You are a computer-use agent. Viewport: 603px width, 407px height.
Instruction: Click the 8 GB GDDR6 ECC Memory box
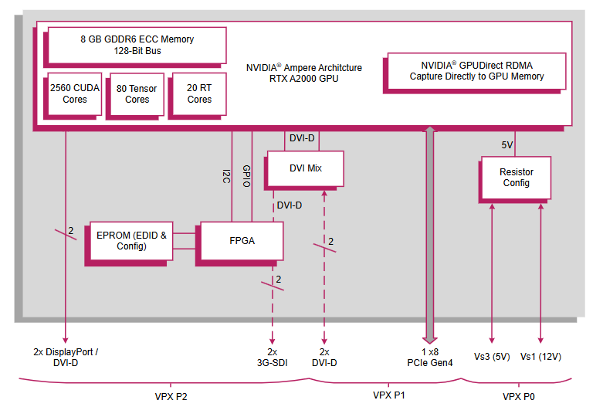point(137,45)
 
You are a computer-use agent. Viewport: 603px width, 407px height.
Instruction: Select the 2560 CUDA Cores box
point(75,93)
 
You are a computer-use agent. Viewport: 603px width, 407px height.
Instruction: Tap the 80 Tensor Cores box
point(137,93)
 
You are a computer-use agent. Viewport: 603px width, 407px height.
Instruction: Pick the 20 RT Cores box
point(199,93)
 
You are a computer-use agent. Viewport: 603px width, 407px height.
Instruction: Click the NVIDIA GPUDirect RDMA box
point(476,71)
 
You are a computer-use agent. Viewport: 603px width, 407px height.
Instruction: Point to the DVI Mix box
point(304,168)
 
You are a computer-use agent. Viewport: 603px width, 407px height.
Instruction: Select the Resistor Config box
point(516,178)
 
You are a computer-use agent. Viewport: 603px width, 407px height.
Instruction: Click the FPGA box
point(242,241)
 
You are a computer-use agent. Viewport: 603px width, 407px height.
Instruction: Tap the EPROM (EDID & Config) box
point(131,241)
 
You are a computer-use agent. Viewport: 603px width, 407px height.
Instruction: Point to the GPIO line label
point(246,176)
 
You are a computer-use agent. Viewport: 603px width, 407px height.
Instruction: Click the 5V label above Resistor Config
point(506,144)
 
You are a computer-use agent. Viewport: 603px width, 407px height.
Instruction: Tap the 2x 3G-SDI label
point(272,357)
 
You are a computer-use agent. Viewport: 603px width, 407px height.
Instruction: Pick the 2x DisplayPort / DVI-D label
point(66,357)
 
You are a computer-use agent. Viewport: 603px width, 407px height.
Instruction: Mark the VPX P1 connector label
point(388,395)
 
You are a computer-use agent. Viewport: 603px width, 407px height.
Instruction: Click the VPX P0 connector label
point(518,395)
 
